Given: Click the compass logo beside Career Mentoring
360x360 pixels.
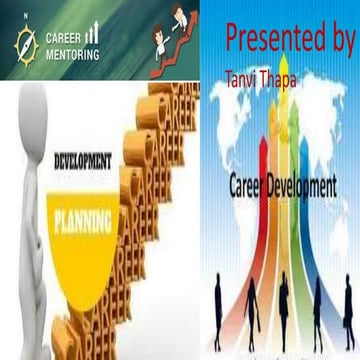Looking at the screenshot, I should (x=25, y=43).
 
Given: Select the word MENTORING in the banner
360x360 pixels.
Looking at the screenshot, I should (x=71, y=55).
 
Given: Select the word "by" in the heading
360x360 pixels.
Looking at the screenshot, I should (x=335, y=40).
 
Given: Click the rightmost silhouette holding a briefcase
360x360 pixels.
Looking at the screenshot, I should (x=344, y=305).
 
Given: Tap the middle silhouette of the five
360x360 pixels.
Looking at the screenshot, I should (x=283, y=305).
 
